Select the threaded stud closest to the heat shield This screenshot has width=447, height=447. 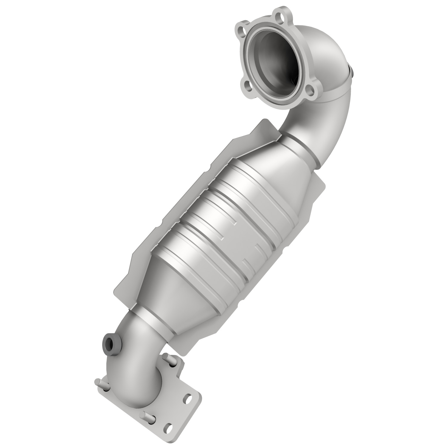tap(173, 361)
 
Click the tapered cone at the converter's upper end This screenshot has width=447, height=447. tap(280, 167)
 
